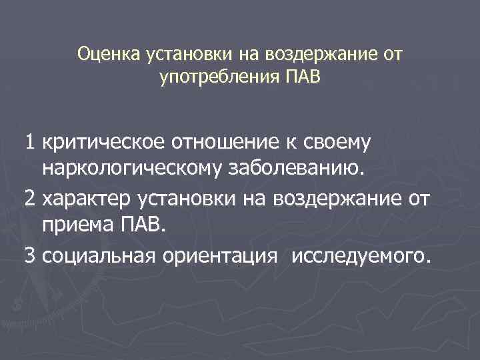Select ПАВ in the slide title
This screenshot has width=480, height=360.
[303, 77]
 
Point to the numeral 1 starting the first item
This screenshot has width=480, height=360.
[29, 142]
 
